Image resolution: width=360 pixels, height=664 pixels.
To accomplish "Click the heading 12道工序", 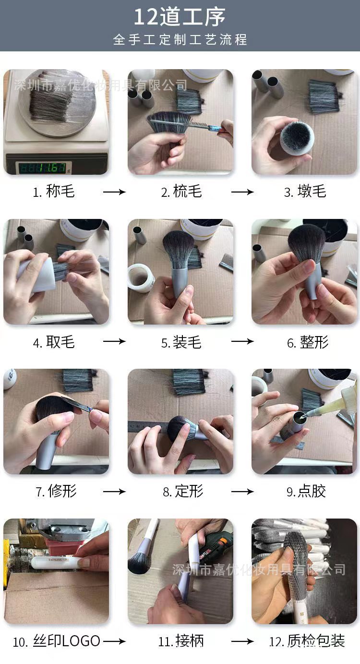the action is point(180,17).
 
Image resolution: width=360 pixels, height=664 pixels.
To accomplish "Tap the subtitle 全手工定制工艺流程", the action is point(180,39).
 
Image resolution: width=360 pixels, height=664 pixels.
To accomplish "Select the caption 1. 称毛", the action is point(54,192).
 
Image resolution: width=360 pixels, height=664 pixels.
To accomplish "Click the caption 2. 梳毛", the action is point(181,192).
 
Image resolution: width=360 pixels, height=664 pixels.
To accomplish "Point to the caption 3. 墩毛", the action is point(305,192).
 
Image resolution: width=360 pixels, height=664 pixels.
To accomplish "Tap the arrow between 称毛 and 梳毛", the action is point(114,192).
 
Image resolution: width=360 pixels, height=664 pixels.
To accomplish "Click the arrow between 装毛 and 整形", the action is point(242,341).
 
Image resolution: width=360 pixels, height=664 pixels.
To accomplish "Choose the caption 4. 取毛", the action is point(54,342).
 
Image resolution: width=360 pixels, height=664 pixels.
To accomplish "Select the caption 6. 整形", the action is point(308,342).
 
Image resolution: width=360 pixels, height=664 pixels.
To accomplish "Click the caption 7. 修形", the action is point(56,491).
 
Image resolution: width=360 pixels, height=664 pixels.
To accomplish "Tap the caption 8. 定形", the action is point(183,491).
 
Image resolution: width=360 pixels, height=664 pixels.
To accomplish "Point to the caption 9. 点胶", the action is point(306,491).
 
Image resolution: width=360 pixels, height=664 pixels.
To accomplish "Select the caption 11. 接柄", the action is point(181,641).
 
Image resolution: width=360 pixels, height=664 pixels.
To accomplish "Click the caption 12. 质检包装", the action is point(307,641).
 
